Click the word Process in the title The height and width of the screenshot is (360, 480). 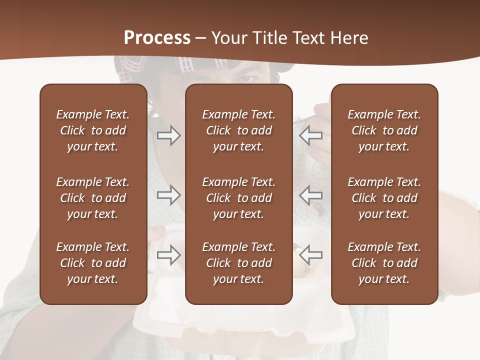point(157,38)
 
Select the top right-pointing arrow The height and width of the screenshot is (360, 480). point(168,135)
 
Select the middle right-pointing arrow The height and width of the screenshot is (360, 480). point(168,195)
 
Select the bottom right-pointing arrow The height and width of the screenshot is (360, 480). point(168,255)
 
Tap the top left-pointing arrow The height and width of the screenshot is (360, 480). point(311,135)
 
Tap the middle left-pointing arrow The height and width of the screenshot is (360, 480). point(311,195)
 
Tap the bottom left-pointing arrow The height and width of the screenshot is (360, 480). point(311,255)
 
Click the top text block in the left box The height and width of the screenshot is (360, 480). point(93,130)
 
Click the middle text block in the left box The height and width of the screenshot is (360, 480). point(93,198)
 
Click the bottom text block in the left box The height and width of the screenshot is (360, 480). point(93,263)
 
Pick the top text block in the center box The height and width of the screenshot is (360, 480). point(238,130)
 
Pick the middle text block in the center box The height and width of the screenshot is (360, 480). point(238,198)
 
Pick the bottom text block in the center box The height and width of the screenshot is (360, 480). point(238,263)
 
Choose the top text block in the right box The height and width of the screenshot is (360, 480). point(384,130)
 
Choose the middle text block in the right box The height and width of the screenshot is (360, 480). point(384,198)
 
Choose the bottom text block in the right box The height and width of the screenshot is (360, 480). point(384,263)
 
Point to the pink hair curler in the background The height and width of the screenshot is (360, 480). point(186,65)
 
